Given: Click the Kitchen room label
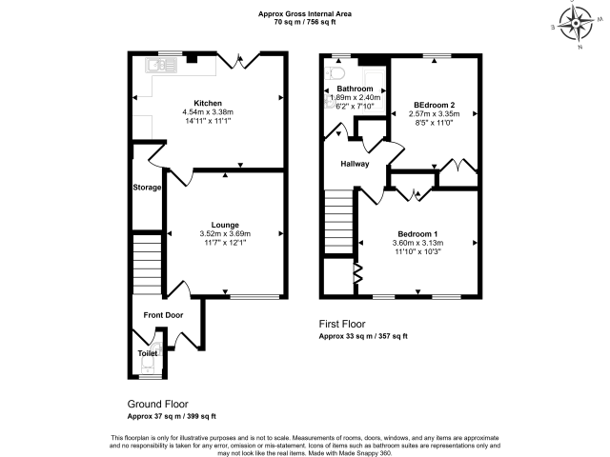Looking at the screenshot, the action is coord(208,103).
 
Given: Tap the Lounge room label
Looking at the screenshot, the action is coord(225,225).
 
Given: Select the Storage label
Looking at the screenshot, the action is coord(147,188).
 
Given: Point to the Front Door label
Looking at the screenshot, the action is coord(163,315).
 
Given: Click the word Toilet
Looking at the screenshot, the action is coord(148,353).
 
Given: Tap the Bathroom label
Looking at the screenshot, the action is coord(355,89).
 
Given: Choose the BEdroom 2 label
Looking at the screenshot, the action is coord(435,105).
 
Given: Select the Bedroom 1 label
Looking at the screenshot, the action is coord(417,234).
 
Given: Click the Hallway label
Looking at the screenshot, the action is coord(355,164).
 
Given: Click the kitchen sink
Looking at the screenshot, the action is coord(161,66).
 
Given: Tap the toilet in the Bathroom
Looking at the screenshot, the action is coord(335,72).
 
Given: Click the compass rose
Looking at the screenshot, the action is coord(575,23).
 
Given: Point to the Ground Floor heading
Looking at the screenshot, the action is coord(157,404).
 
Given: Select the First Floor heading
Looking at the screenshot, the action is coord(342,324).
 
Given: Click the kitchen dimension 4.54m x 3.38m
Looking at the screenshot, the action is coord(208,112).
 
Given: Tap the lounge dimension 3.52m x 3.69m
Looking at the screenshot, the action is coord(225,234).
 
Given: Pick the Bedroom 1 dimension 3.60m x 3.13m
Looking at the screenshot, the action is coord(417,243).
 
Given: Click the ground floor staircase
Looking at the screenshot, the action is coord(147,265).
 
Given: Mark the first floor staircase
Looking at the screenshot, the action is coord(338,222).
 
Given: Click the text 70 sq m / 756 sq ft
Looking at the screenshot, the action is coord(305,22).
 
